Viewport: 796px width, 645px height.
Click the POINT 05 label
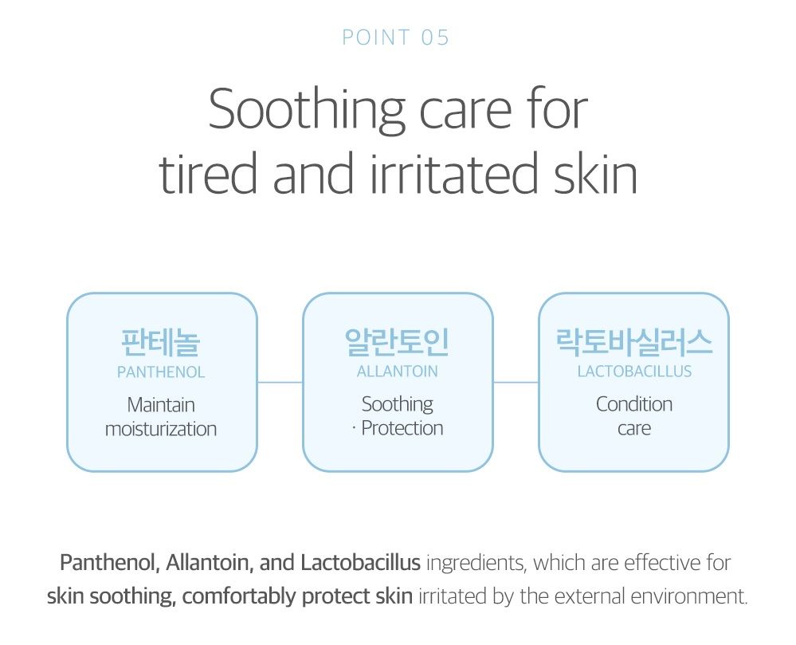click(396, 37)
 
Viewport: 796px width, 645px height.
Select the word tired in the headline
click(208, 174)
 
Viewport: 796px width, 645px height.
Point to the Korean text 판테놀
click(161, 342)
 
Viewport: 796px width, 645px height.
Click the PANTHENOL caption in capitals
click(161, 372)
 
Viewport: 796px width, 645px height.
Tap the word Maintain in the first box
click(161, 405)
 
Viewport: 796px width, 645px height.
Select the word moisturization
click(161, 429)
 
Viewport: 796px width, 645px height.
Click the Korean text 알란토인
click(397, 342)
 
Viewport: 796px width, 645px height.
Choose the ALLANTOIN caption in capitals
click(397, 372)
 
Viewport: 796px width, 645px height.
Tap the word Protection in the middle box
click(402, 428)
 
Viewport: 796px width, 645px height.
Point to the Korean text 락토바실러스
click(634, 341)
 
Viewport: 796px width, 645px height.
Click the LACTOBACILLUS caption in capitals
click(634, 372)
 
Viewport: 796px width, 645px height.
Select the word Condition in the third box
click(634, 404)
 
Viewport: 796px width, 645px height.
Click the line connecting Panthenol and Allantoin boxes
click(280, 383)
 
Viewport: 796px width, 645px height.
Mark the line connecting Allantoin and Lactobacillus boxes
click(516, 383)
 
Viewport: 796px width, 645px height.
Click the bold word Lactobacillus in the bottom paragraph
click(360, 563)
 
